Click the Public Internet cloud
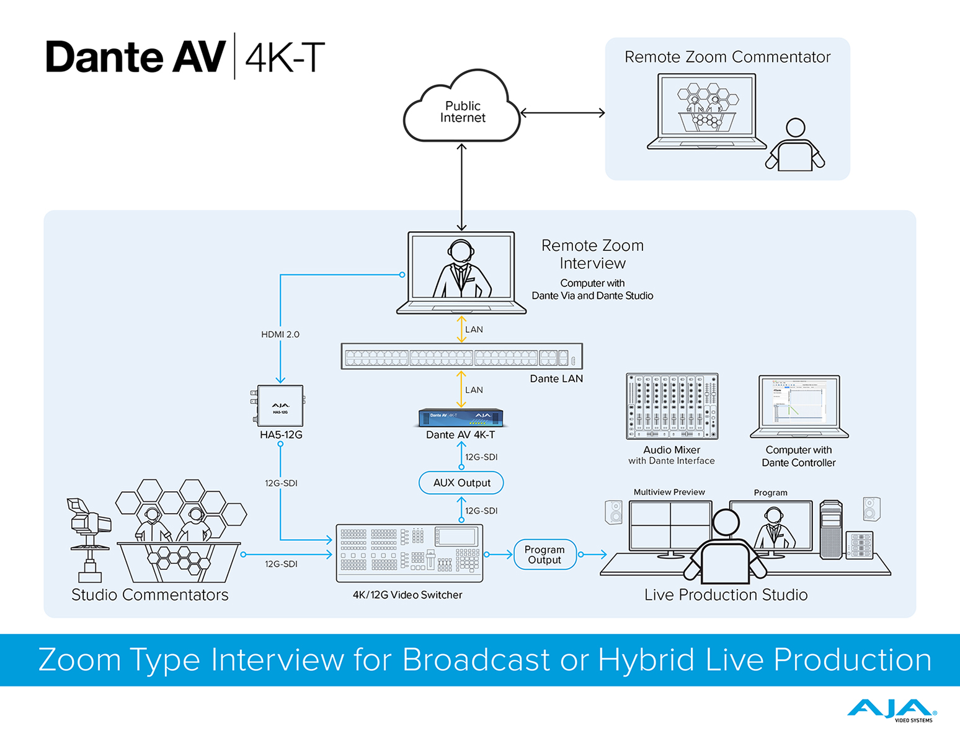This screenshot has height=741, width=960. pyautogui.click(x=462, y=112)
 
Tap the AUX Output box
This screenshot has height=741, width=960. pyautogui.click(x=461, y=483)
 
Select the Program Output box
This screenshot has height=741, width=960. pyautogui.click(x=544, y=555)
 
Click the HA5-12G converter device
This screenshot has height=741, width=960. pyautogui.click(x=280, y=406)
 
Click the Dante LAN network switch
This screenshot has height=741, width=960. pyautogui.click(x=462, y=356)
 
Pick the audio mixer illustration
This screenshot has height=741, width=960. pyautogui.click(x=672, y=406)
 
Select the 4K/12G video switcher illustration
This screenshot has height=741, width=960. pyautogui.click(x=409, y=553)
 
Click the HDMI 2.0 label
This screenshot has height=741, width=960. pyautogui.click(x=280, y=335)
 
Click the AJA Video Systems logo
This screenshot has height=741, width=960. pyautogui.click(x=891, y=710)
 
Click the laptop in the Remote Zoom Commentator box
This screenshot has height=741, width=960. pyautogui.click(x=707, y=112)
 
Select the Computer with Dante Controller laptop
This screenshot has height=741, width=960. pyautogui.click(x=799, y=406)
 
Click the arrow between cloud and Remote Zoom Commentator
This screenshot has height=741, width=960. pyautogui.click(x=562, y=113)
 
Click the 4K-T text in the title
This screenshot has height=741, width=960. pyautogui.click(x=285, y=58)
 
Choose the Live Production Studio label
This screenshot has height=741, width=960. pyautogui.click(x=726, y=595)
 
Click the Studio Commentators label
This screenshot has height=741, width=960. pyautogui.click(x=150, y=595)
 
